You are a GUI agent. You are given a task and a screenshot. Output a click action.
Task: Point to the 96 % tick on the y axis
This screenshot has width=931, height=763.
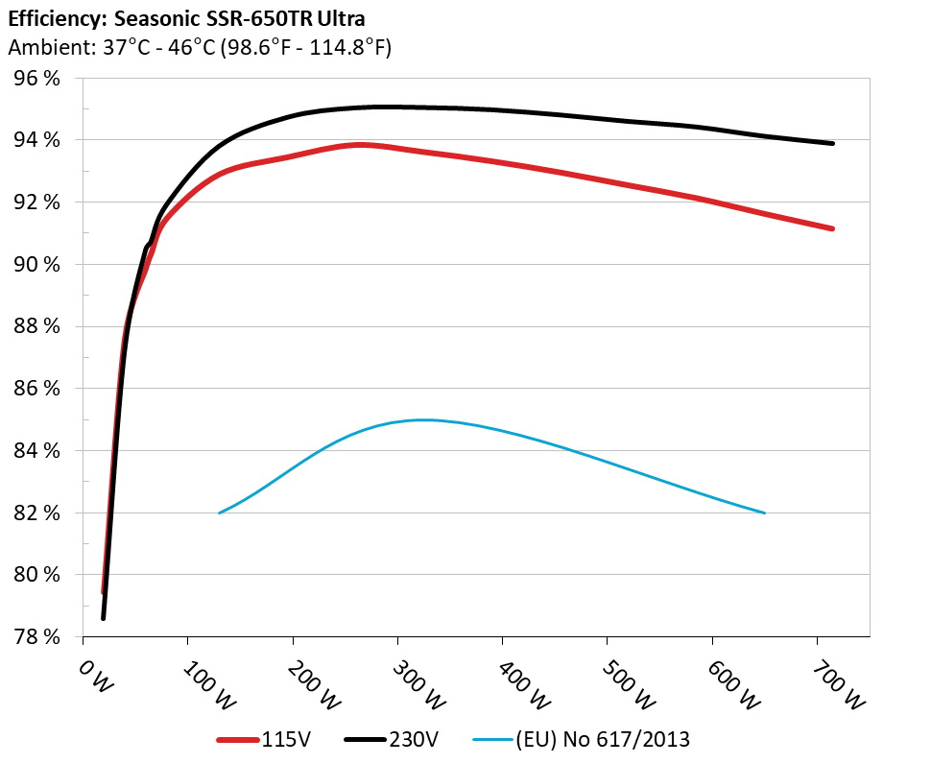36,79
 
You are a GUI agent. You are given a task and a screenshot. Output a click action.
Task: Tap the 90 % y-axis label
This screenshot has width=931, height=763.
36,265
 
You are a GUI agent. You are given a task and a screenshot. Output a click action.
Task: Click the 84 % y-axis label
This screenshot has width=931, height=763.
36,451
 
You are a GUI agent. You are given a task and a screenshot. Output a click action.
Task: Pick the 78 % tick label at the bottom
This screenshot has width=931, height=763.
36,637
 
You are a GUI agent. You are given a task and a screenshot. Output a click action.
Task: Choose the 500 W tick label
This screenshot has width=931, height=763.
625,683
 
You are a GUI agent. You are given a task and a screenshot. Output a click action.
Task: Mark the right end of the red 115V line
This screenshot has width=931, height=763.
832,228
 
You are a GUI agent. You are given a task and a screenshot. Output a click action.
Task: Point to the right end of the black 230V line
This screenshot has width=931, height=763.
832,143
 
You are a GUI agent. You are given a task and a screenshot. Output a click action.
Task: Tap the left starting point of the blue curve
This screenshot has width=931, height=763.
220,513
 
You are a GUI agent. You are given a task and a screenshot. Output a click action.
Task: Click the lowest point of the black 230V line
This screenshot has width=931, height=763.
104,618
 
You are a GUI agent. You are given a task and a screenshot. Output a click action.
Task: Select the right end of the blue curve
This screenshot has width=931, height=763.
765,513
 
